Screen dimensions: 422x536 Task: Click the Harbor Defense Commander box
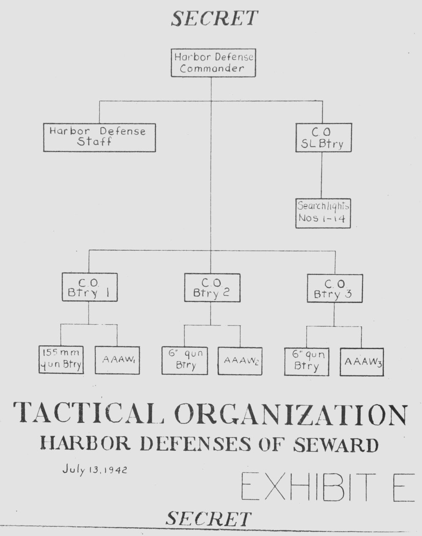coord(213,63)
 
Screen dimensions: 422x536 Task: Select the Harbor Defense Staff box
coord(100,138)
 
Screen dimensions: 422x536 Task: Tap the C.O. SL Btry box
coord(324,138)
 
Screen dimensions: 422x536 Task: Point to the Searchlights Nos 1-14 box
coord(323,213)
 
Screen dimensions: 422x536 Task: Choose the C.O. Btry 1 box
coord(90,287)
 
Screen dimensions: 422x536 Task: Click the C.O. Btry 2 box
coord(212,288)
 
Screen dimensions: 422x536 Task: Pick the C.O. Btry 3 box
coord(335,288)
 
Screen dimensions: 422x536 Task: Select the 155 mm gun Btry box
coord(61,360)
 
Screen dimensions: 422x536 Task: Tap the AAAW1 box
coord(117,360)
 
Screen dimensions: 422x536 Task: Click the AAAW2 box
coord(240,361)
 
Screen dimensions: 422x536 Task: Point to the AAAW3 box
coord(362,362)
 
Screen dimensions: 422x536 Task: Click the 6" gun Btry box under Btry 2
coord(184,361)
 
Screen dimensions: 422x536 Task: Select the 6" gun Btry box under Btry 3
coord(307,362)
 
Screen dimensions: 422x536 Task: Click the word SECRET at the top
coord(214,19)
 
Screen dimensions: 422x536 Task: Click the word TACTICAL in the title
coord(89,413)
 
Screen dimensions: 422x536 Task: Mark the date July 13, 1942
coord(95,469)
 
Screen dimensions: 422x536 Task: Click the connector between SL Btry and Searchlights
coord(322,175)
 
